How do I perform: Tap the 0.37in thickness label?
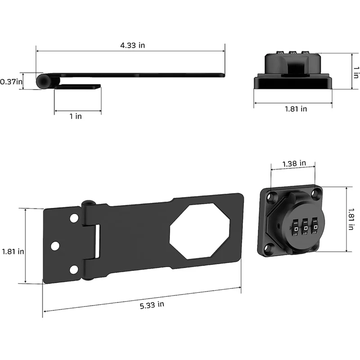coord(11,82)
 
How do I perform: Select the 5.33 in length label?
coord(152,305)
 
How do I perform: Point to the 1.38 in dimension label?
coord(294,163)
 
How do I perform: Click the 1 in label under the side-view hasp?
coord(76,116)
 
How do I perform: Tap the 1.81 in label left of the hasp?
coord(13,252)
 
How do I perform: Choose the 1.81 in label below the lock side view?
coord(296,108)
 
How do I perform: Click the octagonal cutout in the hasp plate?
coord(200,231)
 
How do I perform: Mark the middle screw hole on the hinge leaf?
coord(55,246)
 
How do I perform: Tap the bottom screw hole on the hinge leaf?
coord(73,269)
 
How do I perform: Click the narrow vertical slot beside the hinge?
coord(96,242)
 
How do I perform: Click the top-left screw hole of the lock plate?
coord(272,196)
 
